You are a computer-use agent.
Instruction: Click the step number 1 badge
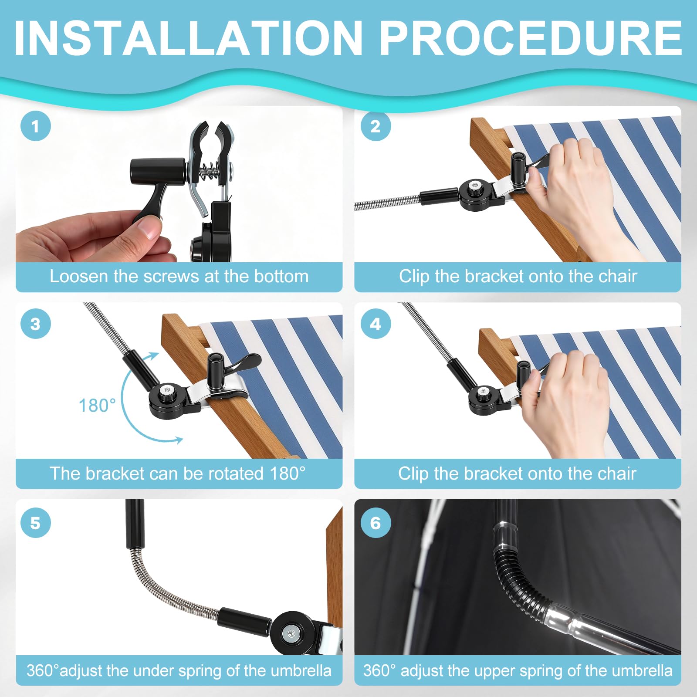36,126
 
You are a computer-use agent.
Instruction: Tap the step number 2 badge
376,126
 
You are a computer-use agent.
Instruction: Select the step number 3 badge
36,324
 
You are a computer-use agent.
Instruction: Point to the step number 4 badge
376,324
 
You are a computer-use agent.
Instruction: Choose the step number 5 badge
36,522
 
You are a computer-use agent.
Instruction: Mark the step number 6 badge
376,522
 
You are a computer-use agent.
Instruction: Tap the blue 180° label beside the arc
97,406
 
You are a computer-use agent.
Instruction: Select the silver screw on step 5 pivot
288,633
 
